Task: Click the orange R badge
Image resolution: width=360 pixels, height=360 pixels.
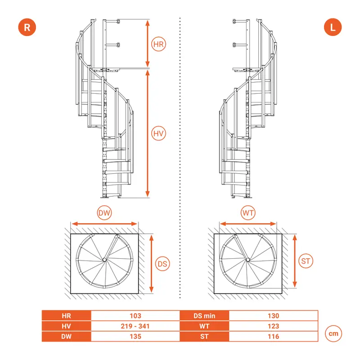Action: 27,27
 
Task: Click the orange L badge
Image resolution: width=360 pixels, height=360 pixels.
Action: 333,27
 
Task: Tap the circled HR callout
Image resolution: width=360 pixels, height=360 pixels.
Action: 158,44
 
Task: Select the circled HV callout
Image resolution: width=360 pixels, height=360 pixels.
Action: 158,133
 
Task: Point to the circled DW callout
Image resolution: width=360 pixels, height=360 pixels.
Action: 104,212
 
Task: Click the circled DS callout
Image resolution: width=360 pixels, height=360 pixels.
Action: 162,264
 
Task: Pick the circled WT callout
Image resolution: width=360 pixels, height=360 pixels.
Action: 248,212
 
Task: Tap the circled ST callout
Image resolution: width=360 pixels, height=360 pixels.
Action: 306,261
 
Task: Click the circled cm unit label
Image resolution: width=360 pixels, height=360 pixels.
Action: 333,333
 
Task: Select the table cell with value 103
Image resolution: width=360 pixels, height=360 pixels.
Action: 135,316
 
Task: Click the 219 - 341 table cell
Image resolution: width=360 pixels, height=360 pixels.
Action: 135,326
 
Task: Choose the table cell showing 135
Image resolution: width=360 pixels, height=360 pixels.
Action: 135,336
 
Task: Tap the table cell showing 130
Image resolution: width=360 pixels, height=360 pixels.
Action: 273,316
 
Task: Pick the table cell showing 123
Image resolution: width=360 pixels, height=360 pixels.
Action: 273,326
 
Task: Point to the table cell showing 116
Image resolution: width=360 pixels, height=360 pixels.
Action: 273,336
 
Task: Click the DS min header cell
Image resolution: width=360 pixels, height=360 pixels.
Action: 204,316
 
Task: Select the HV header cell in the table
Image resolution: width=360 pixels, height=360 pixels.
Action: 66,326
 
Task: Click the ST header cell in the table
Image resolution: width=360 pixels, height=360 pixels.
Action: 204,336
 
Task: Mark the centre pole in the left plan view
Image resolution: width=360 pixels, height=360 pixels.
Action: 104,260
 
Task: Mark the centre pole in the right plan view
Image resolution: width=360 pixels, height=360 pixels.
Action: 248,260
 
